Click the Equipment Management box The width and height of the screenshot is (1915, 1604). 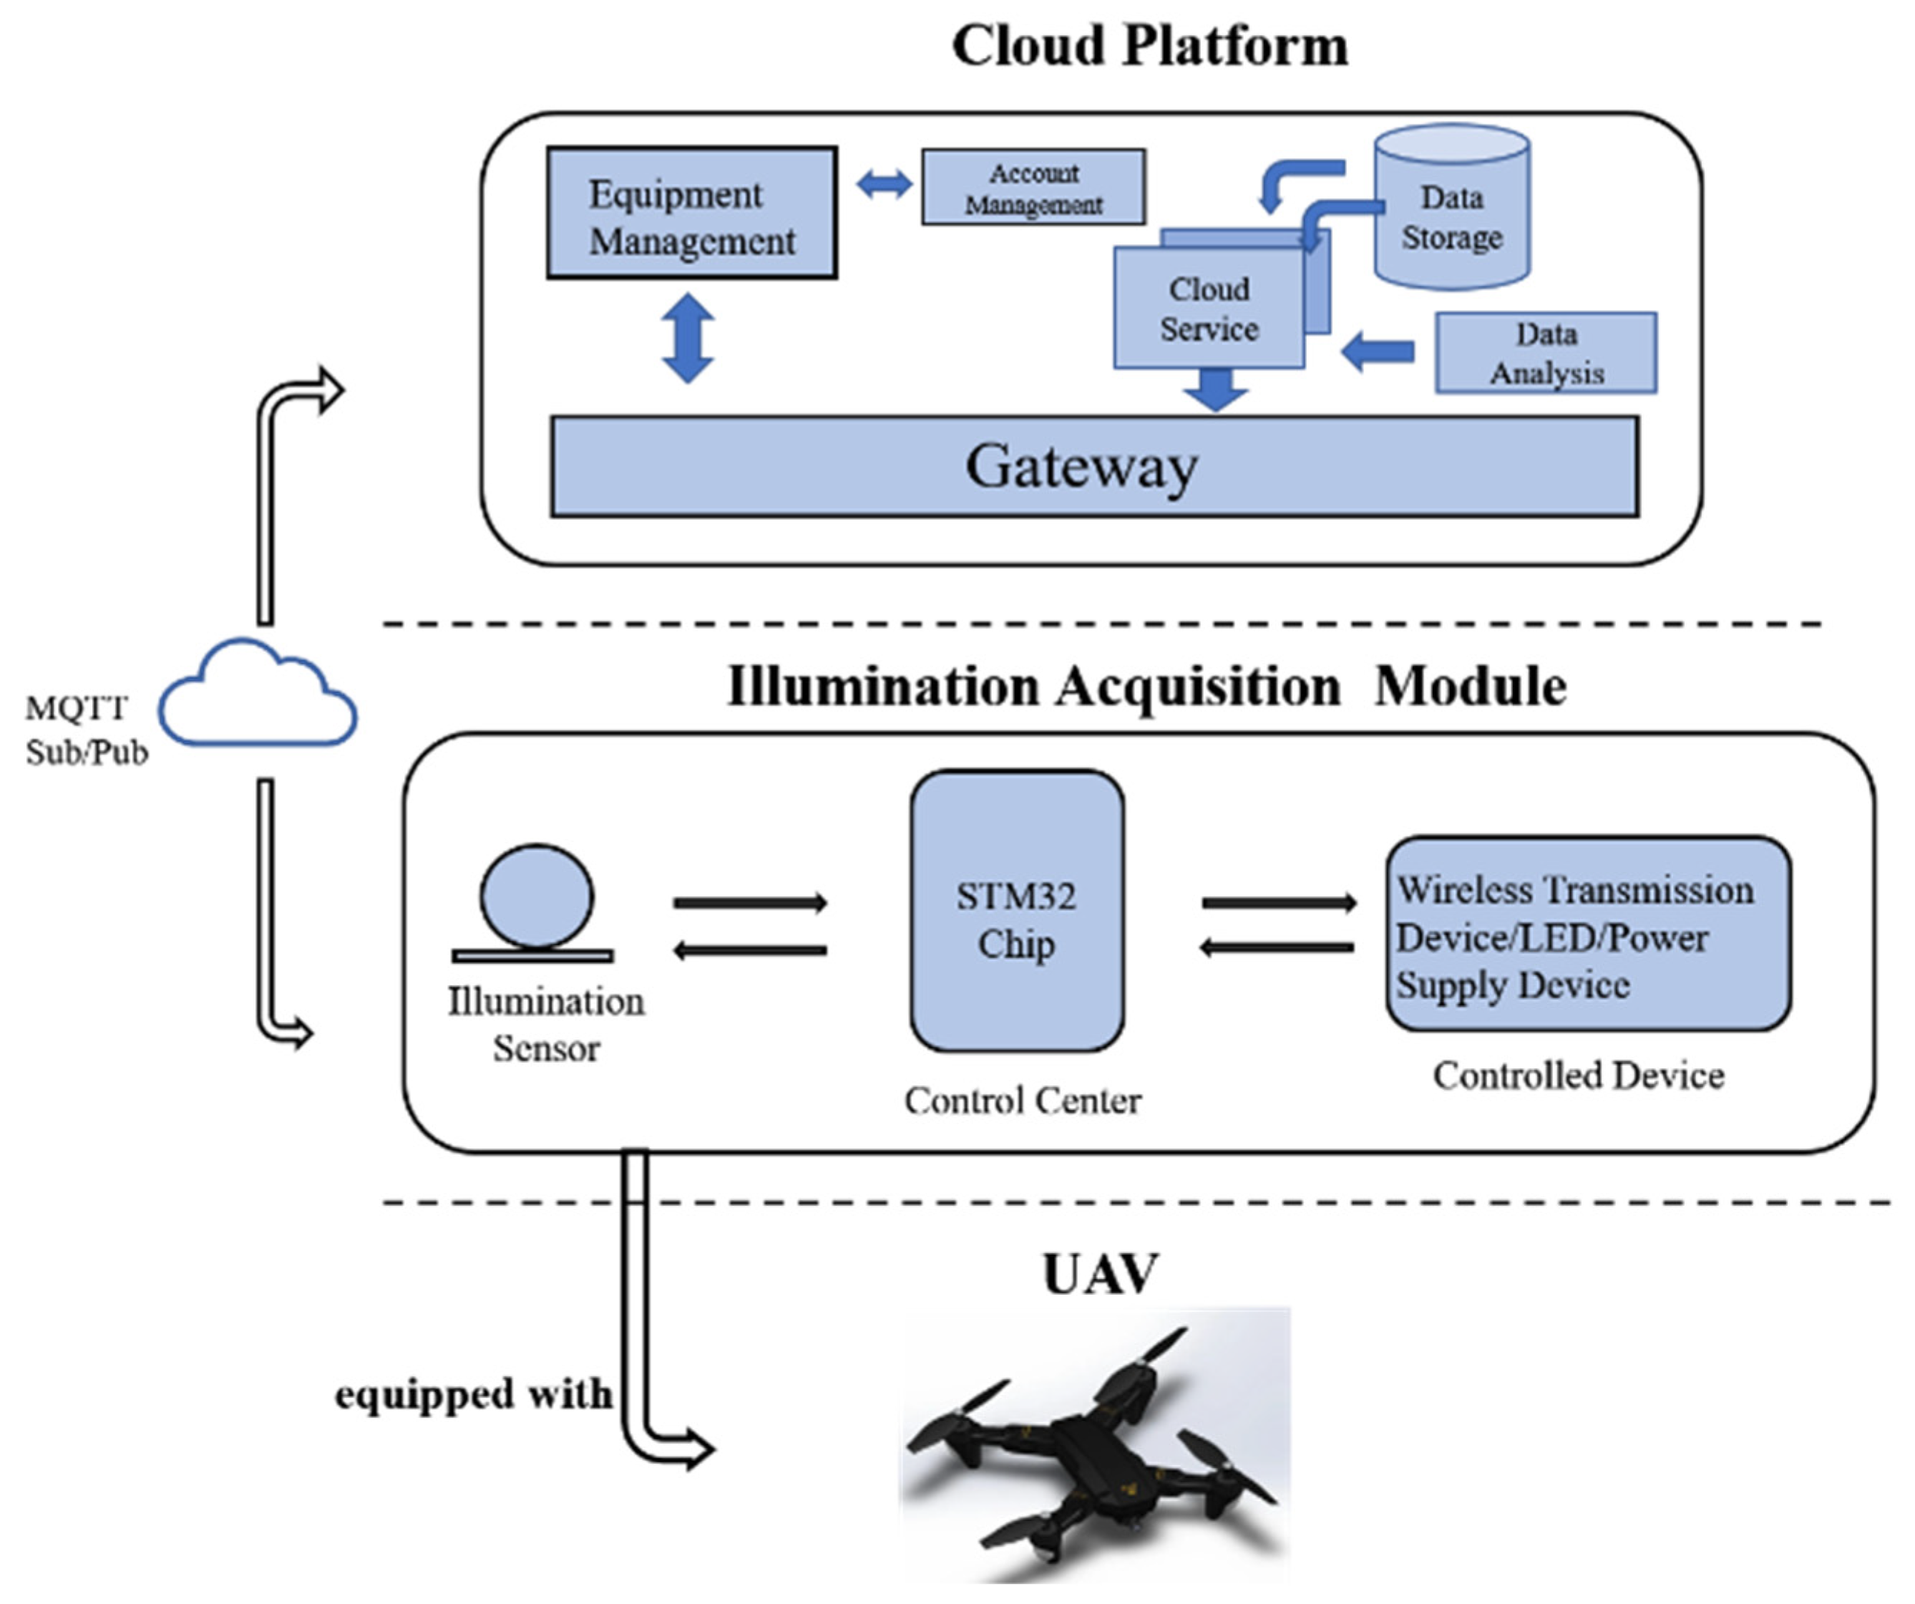click(x=691, y=213)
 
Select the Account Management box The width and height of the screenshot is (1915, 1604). click(x=1033, y=188)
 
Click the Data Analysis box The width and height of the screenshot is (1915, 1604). click(x=1546, y=353)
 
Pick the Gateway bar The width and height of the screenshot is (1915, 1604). click(x=1093, y=467)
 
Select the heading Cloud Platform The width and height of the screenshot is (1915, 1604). click(x=1149, y=46)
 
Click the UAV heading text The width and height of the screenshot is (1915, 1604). click(x=1100, y=1275)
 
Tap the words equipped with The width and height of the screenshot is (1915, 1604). click(x=472, y=1394)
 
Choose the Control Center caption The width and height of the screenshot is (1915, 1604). click(x=1022, y=1101)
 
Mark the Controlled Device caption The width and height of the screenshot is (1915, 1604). click(x=1578, y=1076)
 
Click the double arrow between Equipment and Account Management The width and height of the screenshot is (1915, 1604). click(x=884, y=185)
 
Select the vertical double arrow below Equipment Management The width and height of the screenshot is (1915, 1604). click(x=688, y=337)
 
